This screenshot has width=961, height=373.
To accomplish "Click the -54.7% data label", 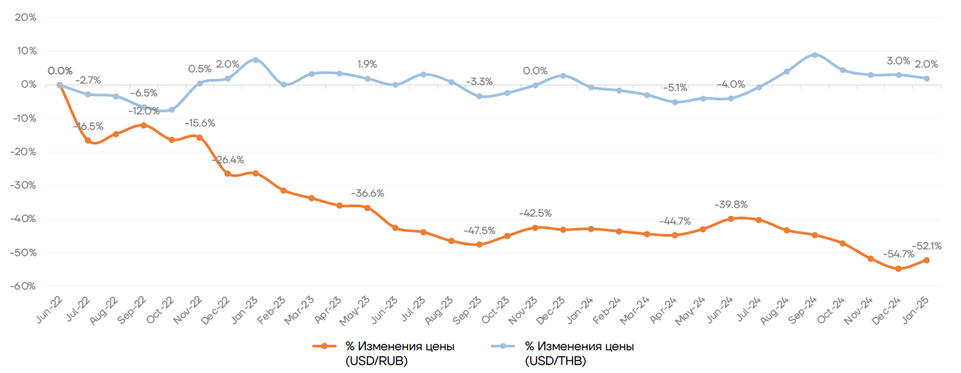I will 898,255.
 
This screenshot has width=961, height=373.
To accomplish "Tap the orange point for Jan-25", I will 926,260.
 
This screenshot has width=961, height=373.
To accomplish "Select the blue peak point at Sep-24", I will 815,55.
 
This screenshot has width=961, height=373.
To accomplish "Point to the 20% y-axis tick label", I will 25,17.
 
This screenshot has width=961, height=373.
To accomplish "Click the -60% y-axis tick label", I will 23,286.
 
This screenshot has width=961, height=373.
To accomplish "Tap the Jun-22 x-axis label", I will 51,305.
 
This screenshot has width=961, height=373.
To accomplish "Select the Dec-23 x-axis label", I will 554,305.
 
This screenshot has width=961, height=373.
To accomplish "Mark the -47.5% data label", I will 478,231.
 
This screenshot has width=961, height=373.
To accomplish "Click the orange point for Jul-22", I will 88,140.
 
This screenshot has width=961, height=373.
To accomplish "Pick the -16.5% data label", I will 88,126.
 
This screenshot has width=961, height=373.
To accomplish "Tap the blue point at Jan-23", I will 256,60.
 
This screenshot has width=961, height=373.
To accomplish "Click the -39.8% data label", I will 730,205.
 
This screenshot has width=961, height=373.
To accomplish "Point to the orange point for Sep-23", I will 479,245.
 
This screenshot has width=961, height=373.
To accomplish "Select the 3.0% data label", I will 898,61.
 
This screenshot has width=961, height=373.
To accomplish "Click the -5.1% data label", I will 675,88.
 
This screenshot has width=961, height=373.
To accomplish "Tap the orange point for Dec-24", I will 898,269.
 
